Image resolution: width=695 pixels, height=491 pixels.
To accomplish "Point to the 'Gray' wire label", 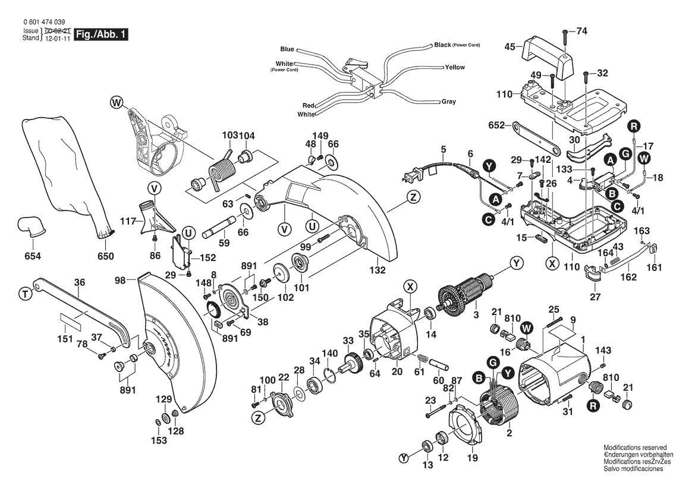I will coord(448,102).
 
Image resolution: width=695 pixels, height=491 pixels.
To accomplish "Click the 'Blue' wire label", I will coord(287,49).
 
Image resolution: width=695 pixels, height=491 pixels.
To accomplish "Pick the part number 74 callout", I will coord(581,31).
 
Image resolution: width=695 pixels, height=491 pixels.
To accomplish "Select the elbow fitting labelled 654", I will coord(29,226).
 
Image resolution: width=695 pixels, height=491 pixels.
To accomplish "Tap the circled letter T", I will coord(24,293).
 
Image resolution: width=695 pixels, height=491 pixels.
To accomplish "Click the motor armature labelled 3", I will coord(466,295).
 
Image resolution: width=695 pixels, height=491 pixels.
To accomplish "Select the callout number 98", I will coord(120,280).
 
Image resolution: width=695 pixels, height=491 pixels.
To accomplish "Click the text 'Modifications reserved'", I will coord(635,448).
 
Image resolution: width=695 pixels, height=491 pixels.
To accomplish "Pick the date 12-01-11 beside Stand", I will coord(56,38).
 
